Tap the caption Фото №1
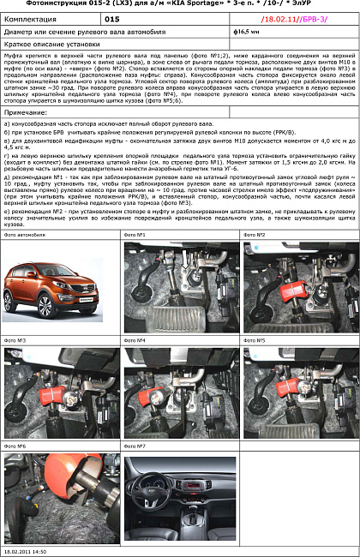(135, 234)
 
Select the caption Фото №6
(15, 446)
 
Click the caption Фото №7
(135, 446)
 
